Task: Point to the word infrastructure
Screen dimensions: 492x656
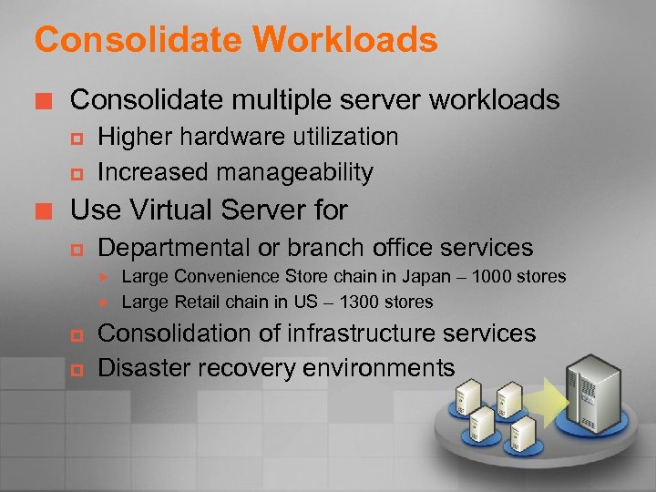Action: click(x=354, y=334)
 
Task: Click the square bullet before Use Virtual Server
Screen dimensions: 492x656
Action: click(x=46, y=211)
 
